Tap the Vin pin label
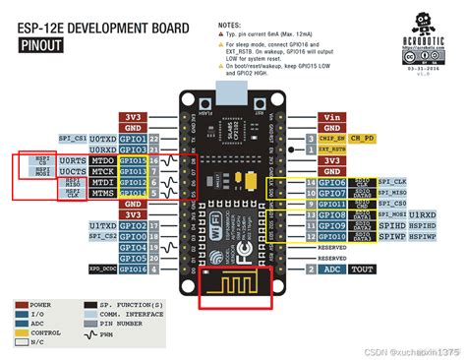coord(333,117)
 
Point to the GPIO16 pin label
coord(133,269)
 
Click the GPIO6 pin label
coord(332,182)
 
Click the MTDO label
coord(101,159)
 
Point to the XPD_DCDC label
coord(101,269)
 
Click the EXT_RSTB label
coord(365,150)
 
